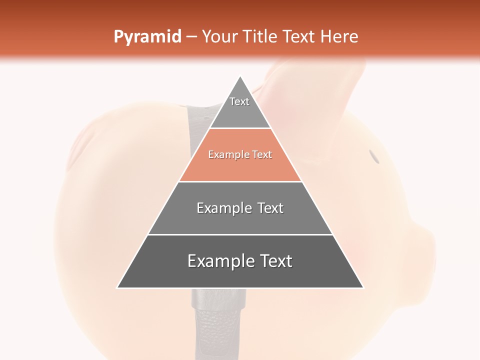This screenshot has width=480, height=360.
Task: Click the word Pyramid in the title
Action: click(x=147, y=37)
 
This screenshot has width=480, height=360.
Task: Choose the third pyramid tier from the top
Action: click(x=240, y=208)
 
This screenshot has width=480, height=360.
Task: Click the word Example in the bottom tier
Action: click(x=218, y=261)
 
